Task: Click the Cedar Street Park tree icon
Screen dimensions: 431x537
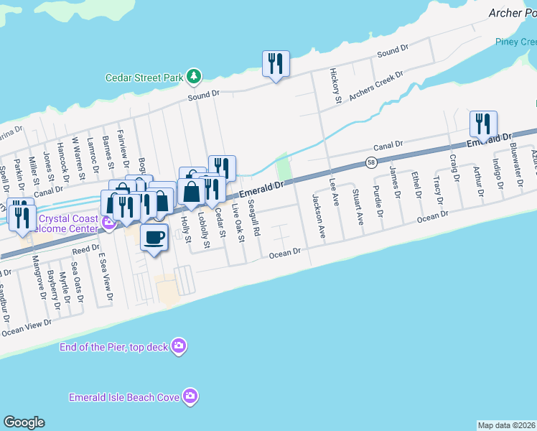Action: point(193,75)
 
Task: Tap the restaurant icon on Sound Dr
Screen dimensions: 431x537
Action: point(276,65)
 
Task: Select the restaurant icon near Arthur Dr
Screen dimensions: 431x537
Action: point(482,124)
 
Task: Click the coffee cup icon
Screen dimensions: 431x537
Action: point(154,236)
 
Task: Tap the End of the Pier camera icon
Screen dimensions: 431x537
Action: point(179,347)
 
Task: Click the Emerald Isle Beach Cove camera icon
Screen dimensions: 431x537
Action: point(190,396)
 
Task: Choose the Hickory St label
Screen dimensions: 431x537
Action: point(334,86)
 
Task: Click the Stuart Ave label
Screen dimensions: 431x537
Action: point(357,207)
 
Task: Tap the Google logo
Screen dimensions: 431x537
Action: point(24,422)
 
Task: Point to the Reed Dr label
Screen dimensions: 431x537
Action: point(85,249)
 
